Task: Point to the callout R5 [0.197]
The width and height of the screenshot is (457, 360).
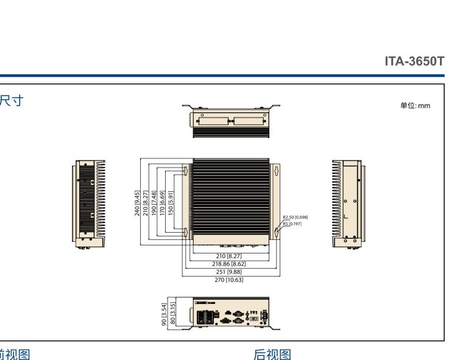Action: click(291, 224)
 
